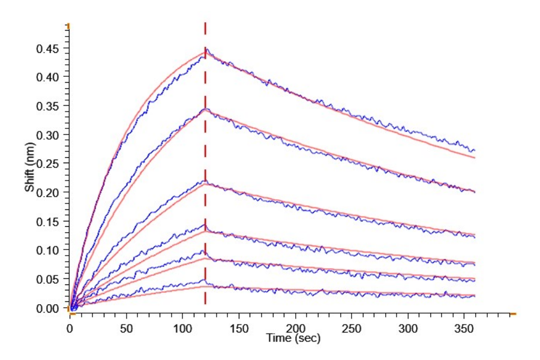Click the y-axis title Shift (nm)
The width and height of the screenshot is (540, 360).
(x=29, y=170)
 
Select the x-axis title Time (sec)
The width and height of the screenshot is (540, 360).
(x=293, y=339)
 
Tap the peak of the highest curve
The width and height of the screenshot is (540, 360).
(x=206, y=50)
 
